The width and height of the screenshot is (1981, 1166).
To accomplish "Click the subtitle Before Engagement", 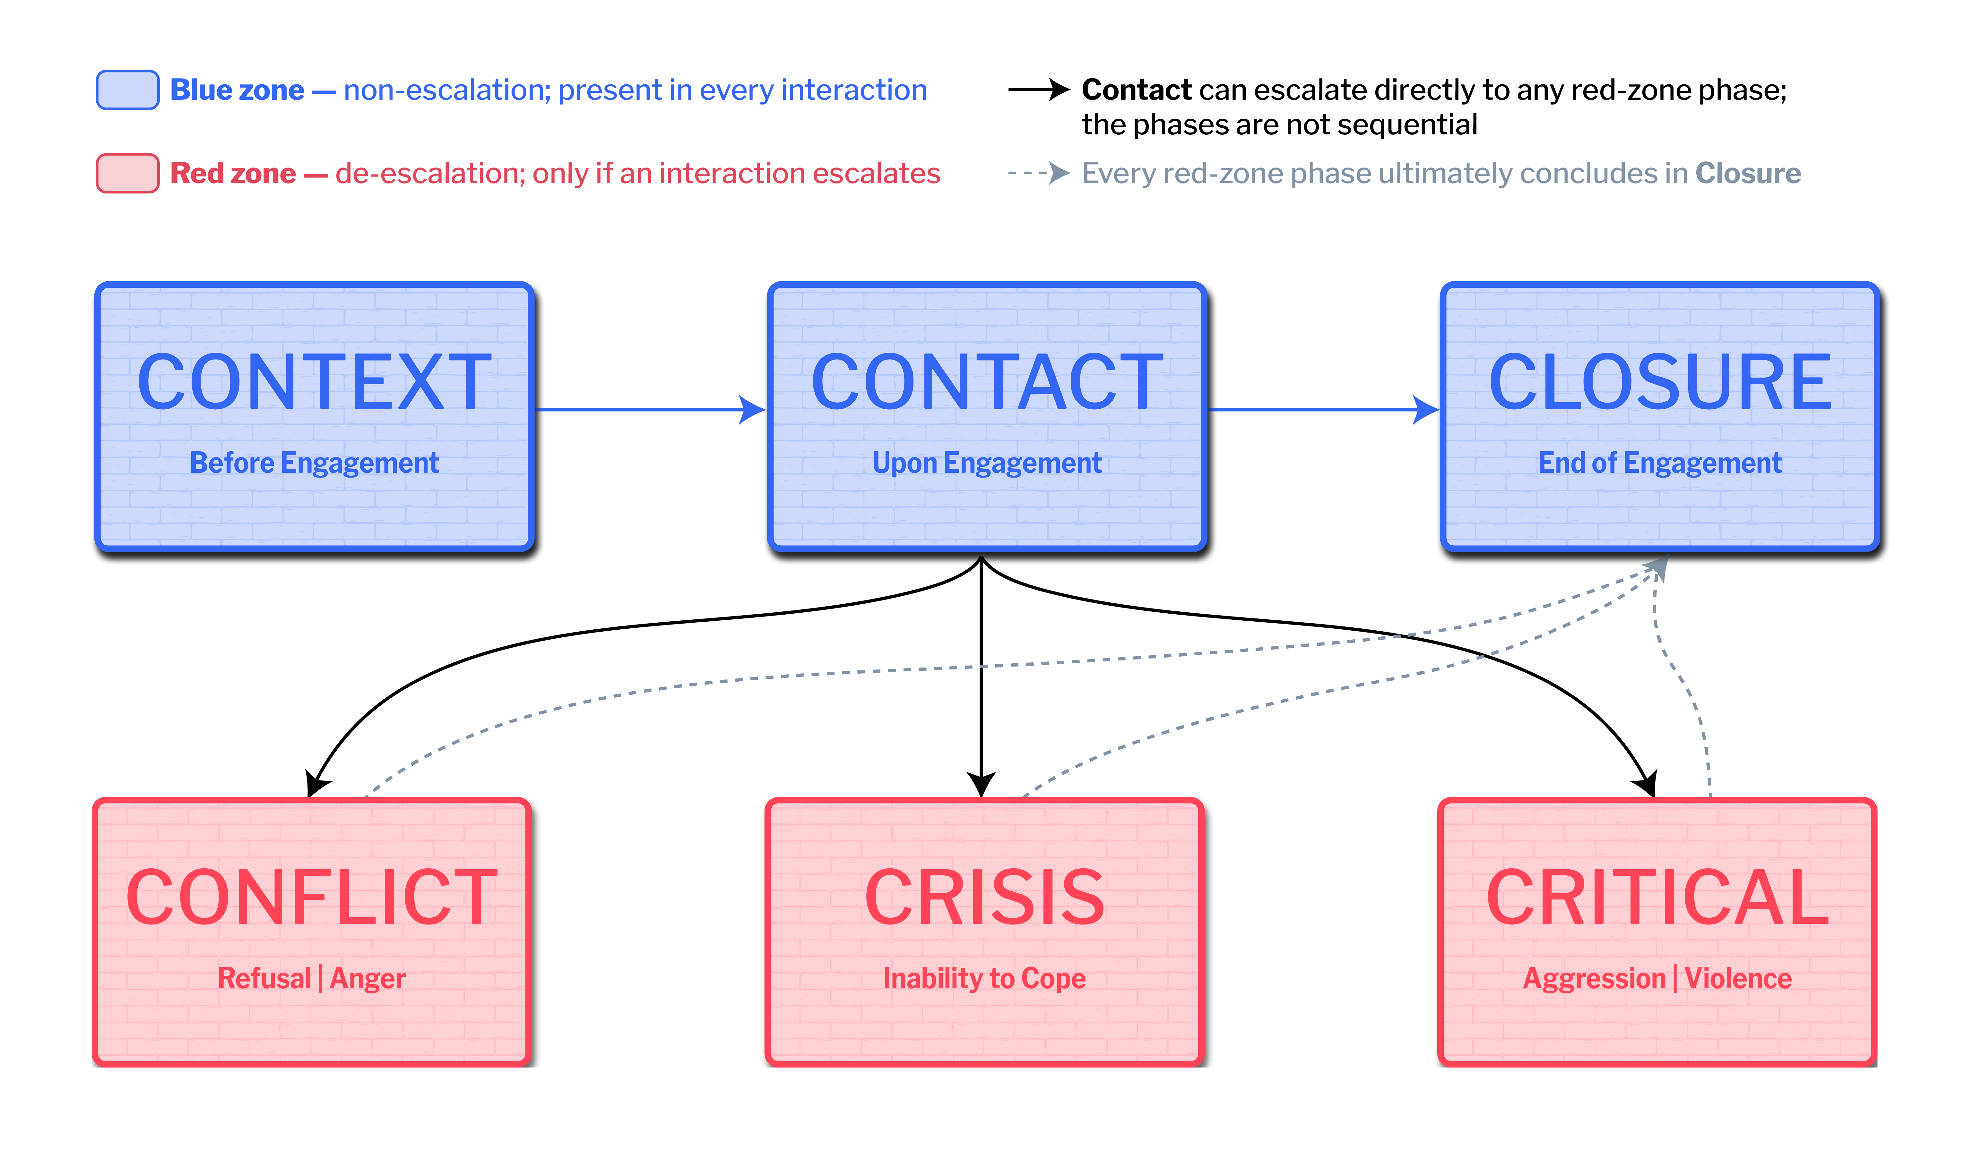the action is point(315,463).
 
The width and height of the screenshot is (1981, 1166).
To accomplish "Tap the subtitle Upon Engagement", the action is point(987,463).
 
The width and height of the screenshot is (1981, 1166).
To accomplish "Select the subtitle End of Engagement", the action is point(1660,463).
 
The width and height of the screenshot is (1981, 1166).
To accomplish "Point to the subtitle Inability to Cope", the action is point(985,978).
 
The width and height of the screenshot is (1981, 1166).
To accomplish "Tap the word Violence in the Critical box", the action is point(1738,978).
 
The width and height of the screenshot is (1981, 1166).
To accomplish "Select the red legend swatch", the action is point(128,173).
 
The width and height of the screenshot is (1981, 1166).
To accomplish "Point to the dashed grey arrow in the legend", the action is point(1039,173).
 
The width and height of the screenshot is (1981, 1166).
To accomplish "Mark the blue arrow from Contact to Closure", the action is point(1324,409).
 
